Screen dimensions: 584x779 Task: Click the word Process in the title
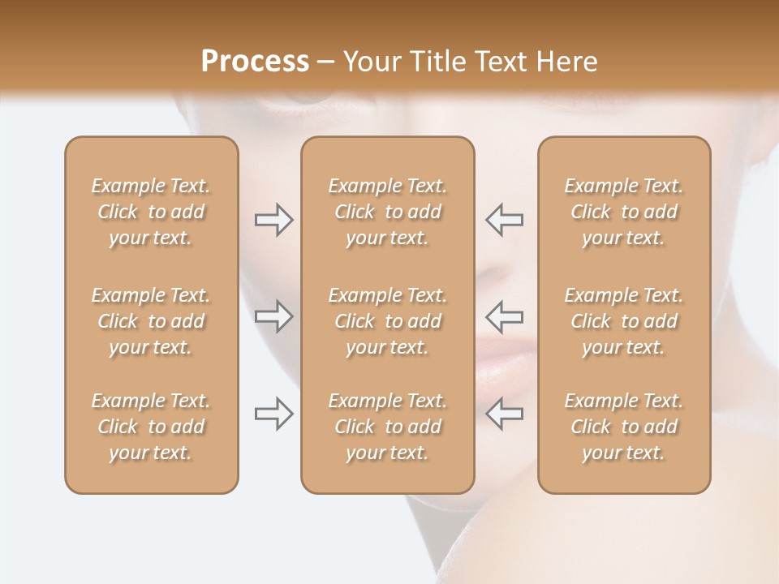(x=255, y=62)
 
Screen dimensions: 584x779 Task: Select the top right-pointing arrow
(x=273, y=220)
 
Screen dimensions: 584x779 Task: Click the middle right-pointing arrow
(x=273, y=316)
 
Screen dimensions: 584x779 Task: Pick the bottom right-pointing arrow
(x=273, y=414)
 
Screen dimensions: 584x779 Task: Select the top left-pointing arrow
(x=505, y=219)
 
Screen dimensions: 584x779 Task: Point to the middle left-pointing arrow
(x=505, y=316)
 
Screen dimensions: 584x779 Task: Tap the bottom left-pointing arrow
(x=505, y=414)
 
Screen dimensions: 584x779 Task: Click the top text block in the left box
(x=151, y=212)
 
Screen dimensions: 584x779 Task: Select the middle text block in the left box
(x=151, y=321)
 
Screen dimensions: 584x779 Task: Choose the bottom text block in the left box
(x=151, y=427)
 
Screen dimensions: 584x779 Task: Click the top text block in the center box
(x=387, y=212)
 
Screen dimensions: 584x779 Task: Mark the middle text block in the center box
(x=387, y=321)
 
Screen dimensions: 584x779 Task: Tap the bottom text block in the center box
(x=387, y=427)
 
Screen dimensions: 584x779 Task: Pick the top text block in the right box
(x=624, y=212)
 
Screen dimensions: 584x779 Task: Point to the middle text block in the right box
(x=624, y=321)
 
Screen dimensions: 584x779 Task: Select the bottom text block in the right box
(x=624, y=427)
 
